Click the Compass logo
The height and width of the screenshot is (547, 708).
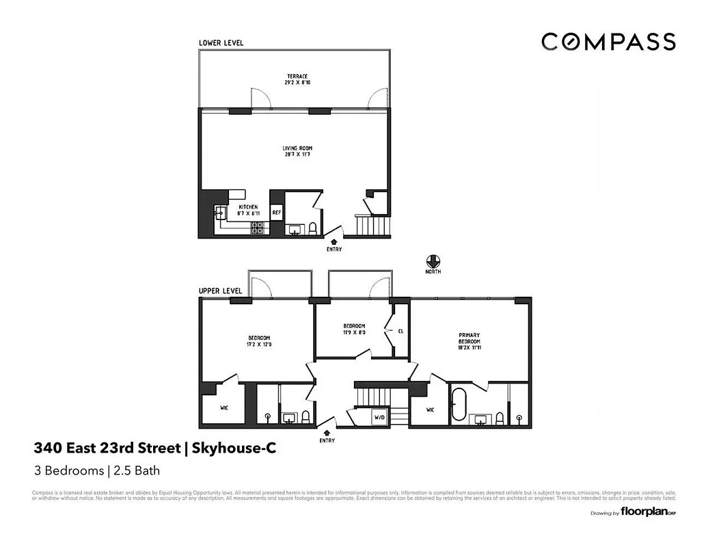[x=608, y=42]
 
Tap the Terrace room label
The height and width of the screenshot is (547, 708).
[x=296, y=79]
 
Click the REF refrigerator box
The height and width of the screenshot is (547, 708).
[x=277, y=213]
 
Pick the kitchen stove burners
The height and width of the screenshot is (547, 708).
[x=258, y=228]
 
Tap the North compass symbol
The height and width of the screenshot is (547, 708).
[x=432, y=261]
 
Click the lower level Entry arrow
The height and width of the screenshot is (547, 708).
[x=333, y=241]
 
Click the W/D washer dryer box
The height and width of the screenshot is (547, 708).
[x=379, y=416]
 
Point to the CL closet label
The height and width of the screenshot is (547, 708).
[x=400, y=331]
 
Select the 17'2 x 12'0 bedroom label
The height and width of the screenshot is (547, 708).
[x=260, y=341]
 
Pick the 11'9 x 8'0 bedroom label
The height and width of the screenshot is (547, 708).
[x=353, y=329]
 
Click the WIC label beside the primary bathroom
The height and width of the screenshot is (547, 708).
[x=430, y=410]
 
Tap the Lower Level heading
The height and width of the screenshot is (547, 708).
[x=221, y=43]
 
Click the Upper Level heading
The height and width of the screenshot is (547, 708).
[x=221, y=291]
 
